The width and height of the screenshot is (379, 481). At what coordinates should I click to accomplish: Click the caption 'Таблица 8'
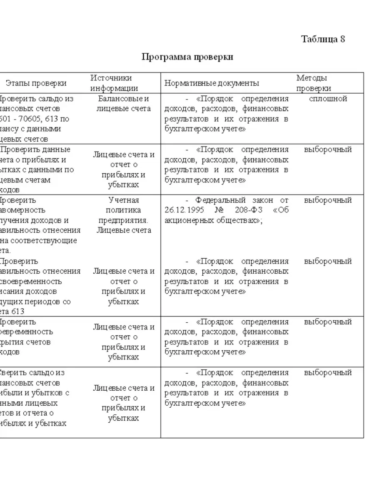(323, 40)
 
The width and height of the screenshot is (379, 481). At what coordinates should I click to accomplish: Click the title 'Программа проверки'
(187, 57)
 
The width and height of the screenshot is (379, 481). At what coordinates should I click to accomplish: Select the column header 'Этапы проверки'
(36, 83)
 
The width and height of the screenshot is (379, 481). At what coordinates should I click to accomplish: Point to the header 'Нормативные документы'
(212, 83)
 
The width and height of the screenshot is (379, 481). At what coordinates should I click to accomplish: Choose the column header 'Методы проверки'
(314, 83)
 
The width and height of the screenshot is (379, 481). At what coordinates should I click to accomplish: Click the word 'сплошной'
(328, 99)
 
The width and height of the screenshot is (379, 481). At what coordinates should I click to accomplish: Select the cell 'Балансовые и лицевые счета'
(123, 104)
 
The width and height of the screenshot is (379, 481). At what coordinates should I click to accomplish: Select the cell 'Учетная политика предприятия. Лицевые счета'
(123, 215)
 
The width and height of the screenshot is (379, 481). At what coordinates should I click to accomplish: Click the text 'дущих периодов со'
(35, 302)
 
